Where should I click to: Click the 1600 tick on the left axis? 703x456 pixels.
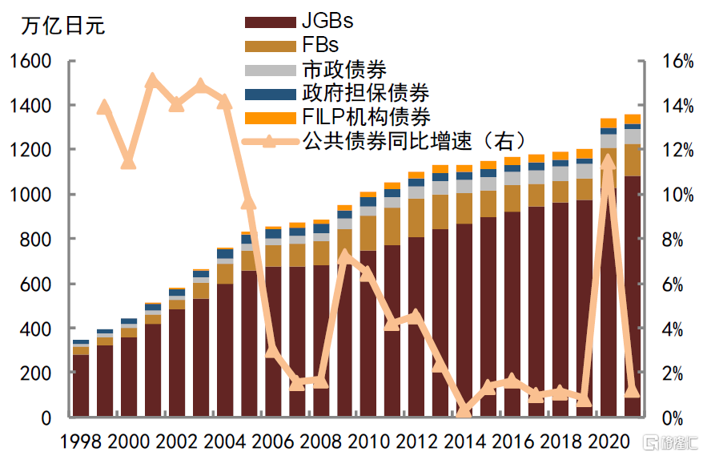(x=30, y=62)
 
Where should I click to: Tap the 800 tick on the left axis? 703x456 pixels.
(x=35, y=240)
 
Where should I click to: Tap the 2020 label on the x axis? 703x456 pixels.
(x=609, y=440)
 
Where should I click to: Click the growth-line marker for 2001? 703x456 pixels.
(x=152, y=80)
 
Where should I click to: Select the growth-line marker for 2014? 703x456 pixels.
(x=464, y=410)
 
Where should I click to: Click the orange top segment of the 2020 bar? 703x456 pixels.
(x=608, y=123)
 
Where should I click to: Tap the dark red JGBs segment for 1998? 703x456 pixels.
(x=80, y=385)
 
